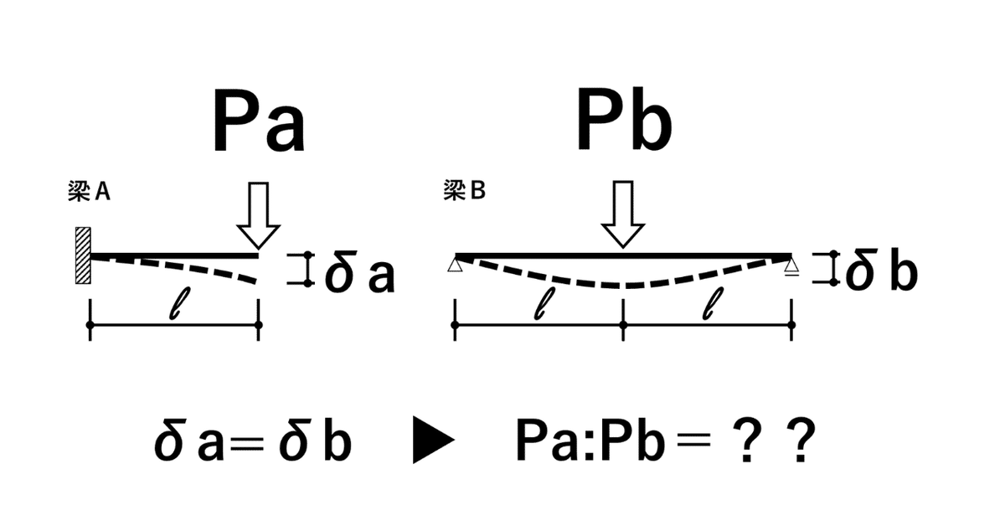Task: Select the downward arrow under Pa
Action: point(258,215)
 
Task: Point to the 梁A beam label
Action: point(90,193)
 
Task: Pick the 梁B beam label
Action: point(464,192)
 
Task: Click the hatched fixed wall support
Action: point(82,255)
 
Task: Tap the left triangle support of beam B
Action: point(455,266)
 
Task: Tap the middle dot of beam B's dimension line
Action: point(623,324)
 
